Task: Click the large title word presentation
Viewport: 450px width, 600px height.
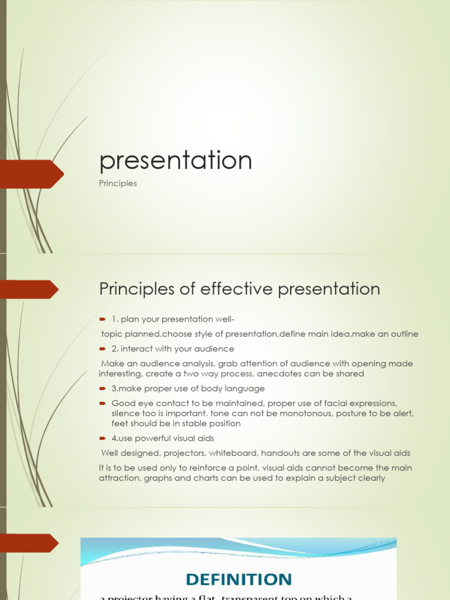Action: (x=176, y=161)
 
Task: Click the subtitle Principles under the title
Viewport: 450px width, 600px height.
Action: (x=118, y=183)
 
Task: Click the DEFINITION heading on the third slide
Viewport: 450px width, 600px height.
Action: (x=238, y=580)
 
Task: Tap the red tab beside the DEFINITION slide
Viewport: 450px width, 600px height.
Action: (x=29, y=543)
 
